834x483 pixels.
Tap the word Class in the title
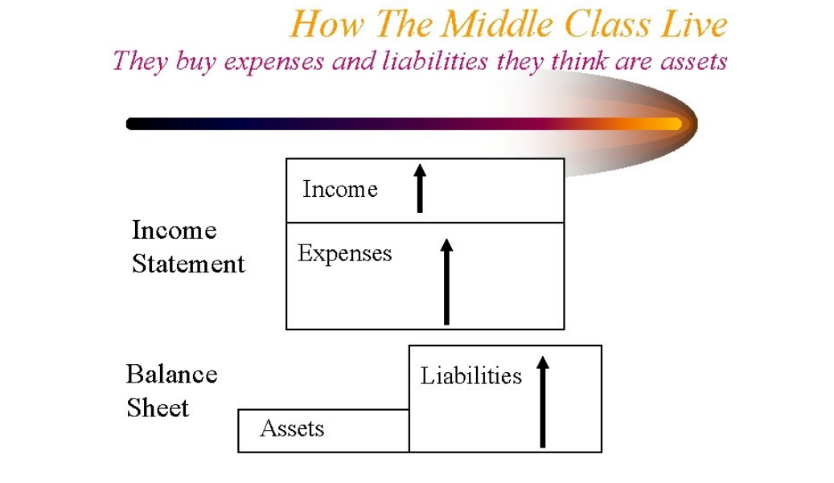click(x=606, y=24)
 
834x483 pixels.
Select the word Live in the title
click(x=693, y=24)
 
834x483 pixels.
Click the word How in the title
click(x=327, y=24)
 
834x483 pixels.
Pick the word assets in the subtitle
click(x=693, y=61)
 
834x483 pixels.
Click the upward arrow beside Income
click(x=420, y=188)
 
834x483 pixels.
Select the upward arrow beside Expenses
click(x=447, y=281)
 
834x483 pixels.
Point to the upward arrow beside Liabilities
click(x=543, y=402)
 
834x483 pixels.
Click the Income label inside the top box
click(x=340, y=189)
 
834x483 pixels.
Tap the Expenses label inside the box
click(x=345, y=253)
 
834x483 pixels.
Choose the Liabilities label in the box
click(x=470, y=375)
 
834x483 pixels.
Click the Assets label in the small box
click(x=292, y=428)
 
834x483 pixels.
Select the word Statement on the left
click(x=188, y=264)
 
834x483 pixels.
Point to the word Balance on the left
click(x=172, y=374)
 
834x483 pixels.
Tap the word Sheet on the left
click(x=158, y=407)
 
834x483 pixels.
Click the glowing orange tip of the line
click(x=675, y=124)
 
